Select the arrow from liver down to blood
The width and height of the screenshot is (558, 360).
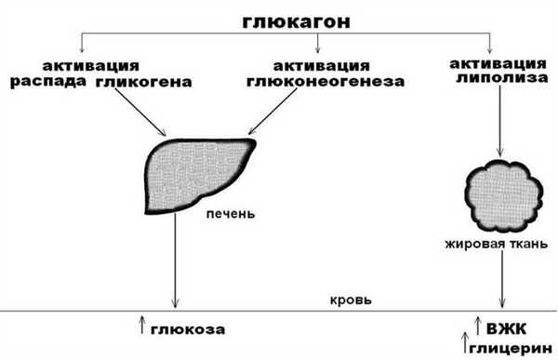coord(175,260)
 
